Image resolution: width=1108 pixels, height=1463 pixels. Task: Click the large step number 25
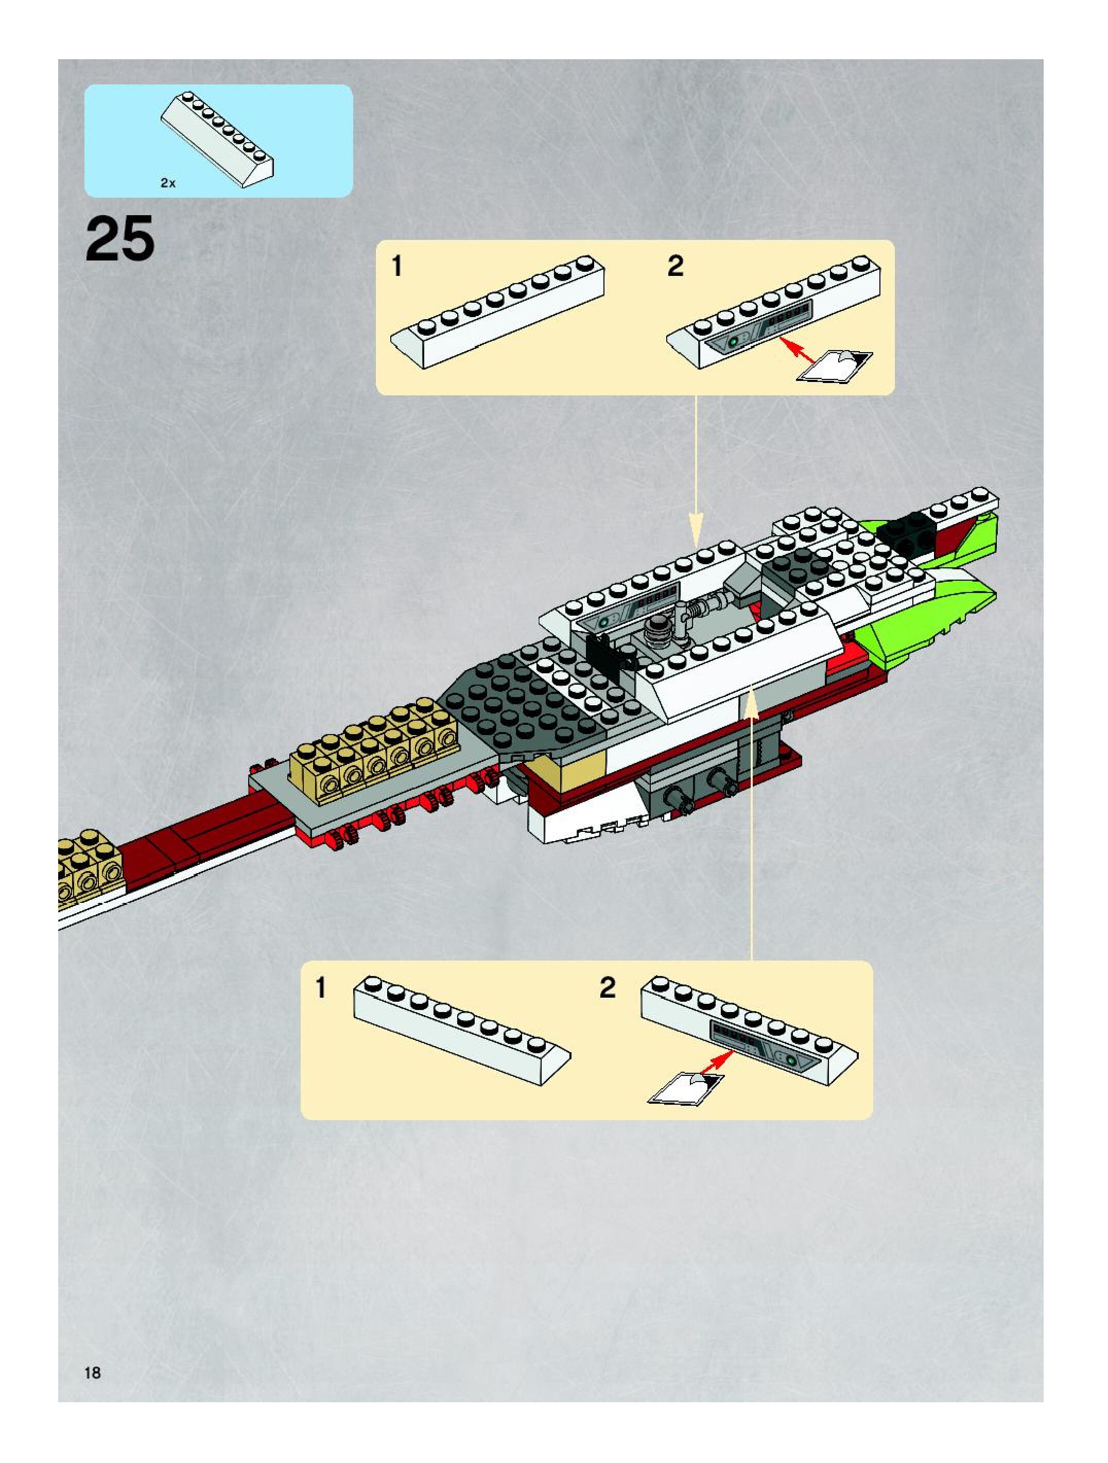[x=120, y=239]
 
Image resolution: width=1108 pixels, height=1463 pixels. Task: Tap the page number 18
[x=93, y=1373]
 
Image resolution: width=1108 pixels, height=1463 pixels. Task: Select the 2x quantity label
[x=168, y=183]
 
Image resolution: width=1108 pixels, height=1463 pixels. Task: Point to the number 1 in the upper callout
[x=397, y=267]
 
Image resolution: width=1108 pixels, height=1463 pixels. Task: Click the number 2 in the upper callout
[x=676, y=267]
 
